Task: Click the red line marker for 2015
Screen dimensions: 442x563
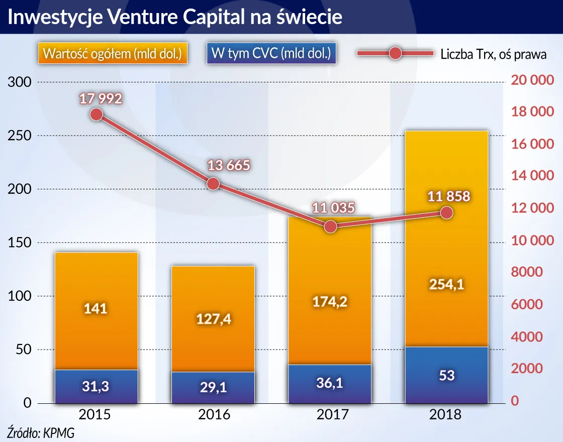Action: click(x=97, y=115)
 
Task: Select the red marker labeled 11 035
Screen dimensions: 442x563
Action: click(x=330, y=227)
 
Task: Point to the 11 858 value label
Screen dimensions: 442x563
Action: click(x=448, y=196)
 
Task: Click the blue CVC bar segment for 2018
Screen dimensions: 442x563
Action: click(x=446, y=375)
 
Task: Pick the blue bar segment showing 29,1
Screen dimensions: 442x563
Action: click(x=213, y=387)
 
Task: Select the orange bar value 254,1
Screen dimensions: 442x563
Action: click(x=446, y=285)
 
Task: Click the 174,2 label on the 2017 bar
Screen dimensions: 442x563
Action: click(x=330, y=301)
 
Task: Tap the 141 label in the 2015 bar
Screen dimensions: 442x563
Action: click(x=96, y=308)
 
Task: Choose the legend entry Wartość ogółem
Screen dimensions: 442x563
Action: click(x=113, y=54)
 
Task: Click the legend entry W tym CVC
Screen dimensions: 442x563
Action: click(x=271, y=54)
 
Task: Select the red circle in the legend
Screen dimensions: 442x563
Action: click(x=395, y=53)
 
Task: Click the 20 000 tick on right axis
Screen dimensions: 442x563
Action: click(x=532, y=80)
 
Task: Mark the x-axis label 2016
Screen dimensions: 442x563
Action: click(x=213, y=415)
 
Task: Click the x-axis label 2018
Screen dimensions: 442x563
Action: click(x=446, y=415)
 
